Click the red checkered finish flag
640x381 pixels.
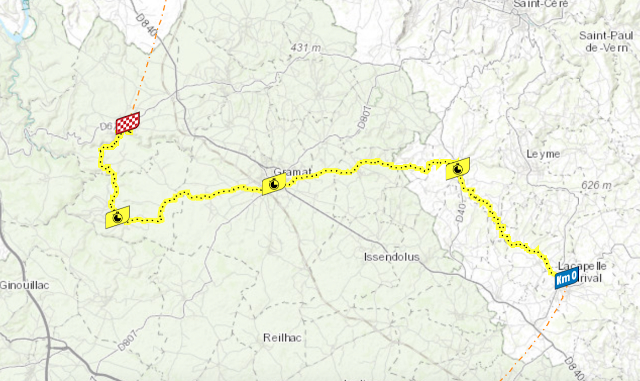128,123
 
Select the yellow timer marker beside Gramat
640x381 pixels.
274,184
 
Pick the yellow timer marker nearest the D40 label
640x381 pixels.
458,169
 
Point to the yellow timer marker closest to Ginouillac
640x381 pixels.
117,217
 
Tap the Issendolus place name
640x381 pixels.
392,256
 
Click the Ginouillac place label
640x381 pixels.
24,285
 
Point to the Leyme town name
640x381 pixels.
543,154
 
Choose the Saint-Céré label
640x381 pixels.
533,4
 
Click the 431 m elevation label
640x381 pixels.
306,48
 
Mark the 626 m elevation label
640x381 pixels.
596,185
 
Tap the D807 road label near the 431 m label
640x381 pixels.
363,116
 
